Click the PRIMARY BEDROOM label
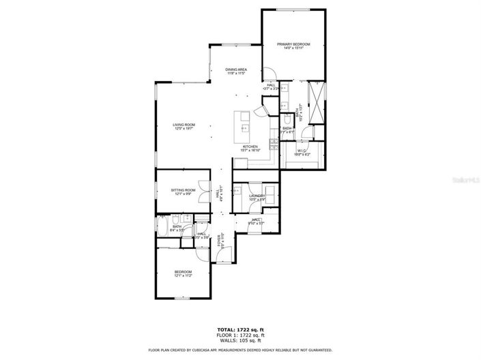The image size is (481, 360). (x=293, y=44)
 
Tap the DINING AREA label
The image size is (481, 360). (x=236, y=70)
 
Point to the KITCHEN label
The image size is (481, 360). (x=251, y=147)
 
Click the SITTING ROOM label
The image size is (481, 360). (x=183, y=190)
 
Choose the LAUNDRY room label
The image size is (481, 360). (x=257, y=196)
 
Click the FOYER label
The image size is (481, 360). (x=220, y=239)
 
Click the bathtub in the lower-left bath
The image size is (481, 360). (x=162, y=226)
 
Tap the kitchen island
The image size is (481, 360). (x=244, y=123)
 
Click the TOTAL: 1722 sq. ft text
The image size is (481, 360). (x=240, y=329)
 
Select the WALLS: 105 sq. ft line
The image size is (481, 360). (x=240, y=340)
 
